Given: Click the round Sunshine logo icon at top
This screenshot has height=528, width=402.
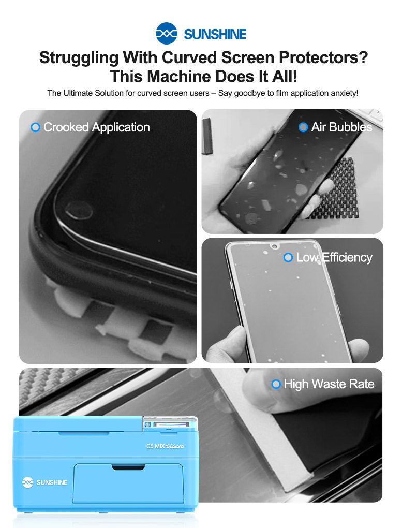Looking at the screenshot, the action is [x=166, y=33].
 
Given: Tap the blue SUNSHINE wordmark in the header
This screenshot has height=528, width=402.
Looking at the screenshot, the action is [x=215, y=34].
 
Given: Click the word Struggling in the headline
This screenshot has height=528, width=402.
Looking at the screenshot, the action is [x=79, y=58].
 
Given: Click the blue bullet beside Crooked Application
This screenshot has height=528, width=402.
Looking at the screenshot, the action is [x=35, y=127].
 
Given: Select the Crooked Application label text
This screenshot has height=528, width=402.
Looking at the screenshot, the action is [x=97, y=127].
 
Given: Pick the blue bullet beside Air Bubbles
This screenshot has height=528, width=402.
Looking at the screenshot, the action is [x=303, y=127].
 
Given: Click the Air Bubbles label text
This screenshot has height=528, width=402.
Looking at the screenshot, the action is [x=342, y=127].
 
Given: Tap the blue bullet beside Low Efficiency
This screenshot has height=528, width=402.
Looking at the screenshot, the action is [x=288, y=258].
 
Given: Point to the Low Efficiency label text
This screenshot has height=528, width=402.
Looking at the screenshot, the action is [x=334, y=258].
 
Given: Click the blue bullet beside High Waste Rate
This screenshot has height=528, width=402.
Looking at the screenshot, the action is [x=276, y=384].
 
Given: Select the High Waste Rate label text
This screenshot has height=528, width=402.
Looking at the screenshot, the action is [x=329, y=384].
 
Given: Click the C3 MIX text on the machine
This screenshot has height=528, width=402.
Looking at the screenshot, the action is [x=155, y=446].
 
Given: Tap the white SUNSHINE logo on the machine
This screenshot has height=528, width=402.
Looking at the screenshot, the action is [x=45, y=482].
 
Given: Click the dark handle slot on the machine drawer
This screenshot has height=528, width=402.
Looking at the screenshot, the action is [x=128, y=467].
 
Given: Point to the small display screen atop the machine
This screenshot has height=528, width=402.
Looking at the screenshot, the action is [x=169, y=425].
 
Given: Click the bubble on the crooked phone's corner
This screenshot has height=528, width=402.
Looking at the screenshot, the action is [x=79, y=210].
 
